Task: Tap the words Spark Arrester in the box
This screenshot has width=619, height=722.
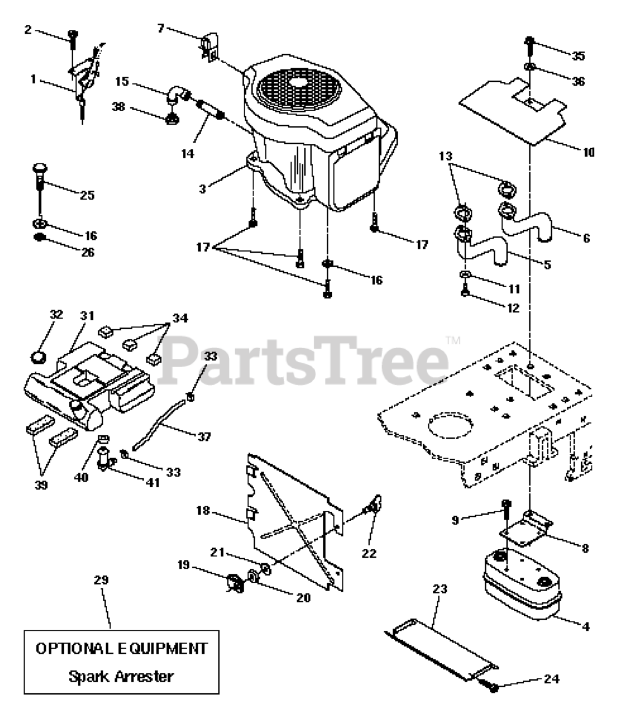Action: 121,676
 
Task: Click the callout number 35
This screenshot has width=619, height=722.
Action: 578,56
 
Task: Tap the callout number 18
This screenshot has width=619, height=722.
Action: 203,511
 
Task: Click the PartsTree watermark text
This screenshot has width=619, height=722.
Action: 305,357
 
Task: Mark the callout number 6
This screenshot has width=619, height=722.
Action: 586,239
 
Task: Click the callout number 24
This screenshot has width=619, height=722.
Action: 551,679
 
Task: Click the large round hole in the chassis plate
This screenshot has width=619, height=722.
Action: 449,427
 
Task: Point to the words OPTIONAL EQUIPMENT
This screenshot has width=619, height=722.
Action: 121,648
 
